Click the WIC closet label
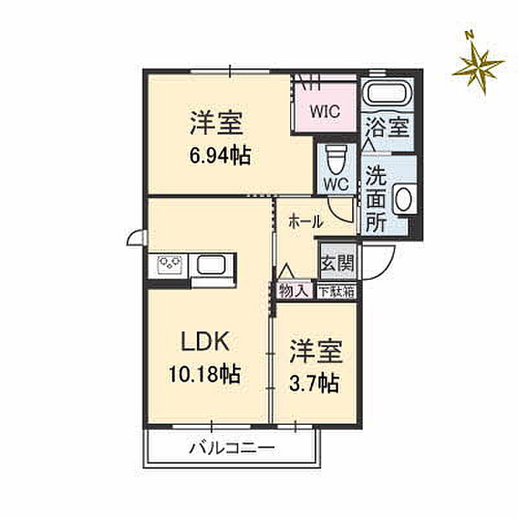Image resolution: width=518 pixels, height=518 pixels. coord(325,111)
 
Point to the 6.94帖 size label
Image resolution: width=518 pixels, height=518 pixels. coord(221,155)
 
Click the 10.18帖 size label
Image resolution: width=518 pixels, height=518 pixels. coord(204,374)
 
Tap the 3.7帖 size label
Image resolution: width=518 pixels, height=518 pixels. coord(314,383)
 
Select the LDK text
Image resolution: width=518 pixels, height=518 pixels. coord(205,342)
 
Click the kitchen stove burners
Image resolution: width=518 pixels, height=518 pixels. coord(169,265)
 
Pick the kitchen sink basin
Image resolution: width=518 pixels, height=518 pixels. coord(212,265)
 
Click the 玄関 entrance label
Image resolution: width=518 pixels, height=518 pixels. coord(337,263)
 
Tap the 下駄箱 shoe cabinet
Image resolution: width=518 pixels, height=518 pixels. coord(337,292)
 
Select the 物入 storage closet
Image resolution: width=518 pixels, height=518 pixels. coord(294,291)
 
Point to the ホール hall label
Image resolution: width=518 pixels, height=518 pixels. coord(306,222)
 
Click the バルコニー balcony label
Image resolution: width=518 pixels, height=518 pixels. coord(232,448)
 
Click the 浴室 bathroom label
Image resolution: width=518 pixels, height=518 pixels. coord(388,127)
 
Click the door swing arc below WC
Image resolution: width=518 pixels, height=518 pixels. coord(338,212)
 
